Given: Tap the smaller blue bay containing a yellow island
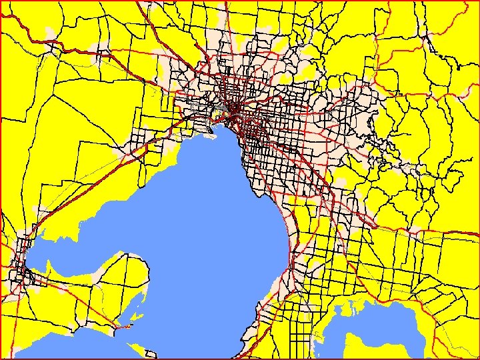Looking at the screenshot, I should click(393, 333).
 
